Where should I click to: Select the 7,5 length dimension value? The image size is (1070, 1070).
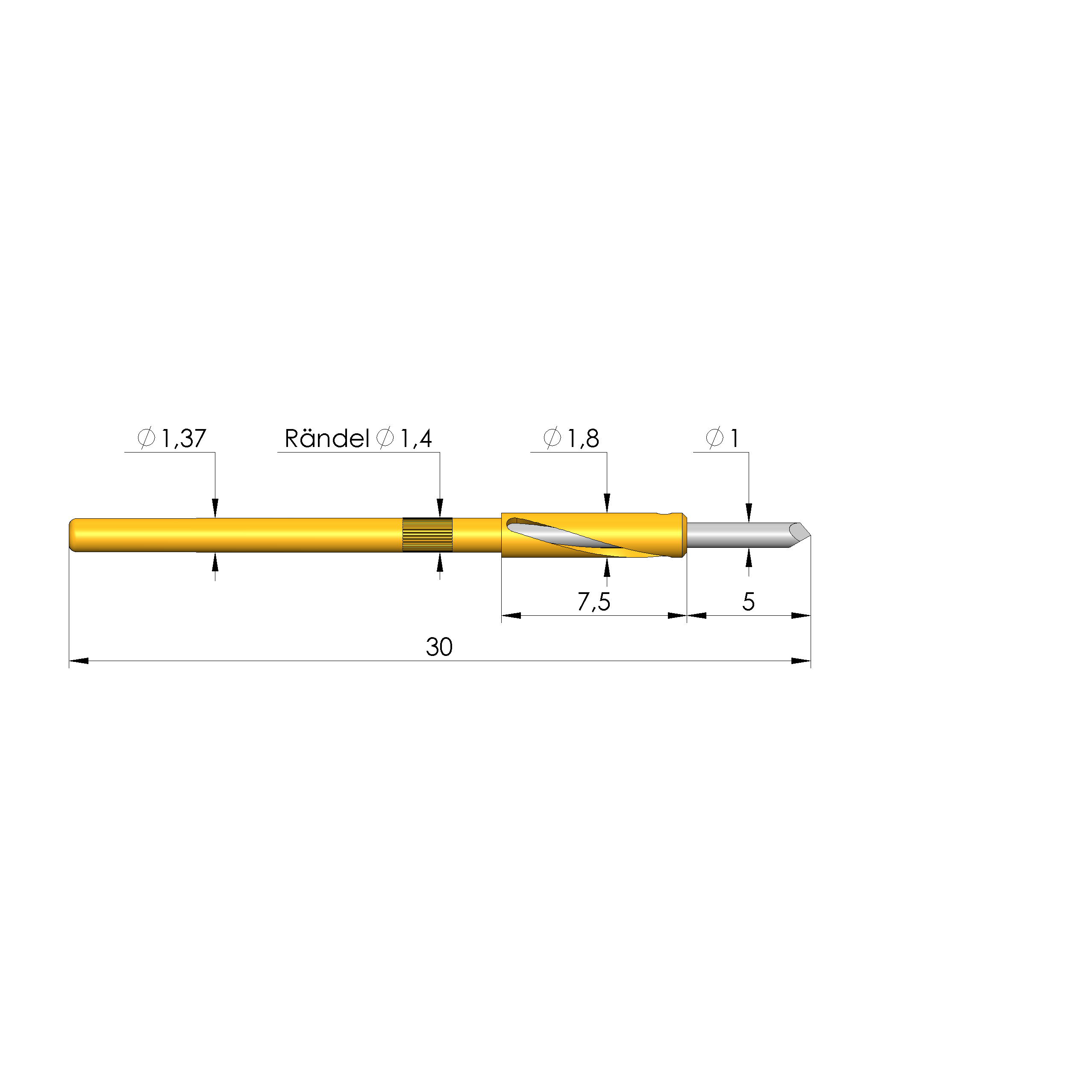coord(594,602)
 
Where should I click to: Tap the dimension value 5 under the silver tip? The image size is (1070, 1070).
coord(748,602)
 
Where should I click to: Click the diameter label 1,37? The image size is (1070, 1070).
coord(183,438)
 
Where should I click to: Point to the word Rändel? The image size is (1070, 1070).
coord(326,438)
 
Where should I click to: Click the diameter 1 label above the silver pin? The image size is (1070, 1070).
coord(735,438)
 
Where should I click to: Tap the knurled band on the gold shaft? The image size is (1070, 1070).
coord(427,535)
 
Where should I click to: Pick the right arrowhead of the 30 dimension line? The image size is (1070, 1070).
coord(801,661)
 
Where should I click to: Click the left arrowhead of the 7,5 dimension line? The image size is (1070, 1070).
coord(511,615)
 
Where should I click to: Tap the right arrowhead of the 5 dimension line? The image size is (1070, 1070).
coord(801,615)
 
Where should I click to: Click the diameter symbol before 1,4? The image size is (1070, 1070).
coord(385,438)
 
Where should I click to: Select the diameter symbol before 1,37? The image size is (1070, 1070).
coord(146,438)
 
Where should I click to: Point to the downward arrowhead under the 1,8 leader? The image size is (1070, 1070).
coord(606,503)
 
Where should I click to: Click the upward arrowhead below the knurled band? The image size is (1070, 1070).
coord(440,563)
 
